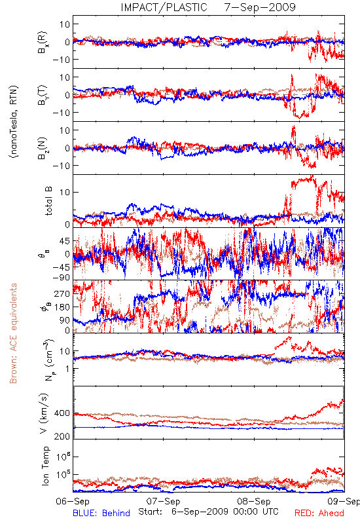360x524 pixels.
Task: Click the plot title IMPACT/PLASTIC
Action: point(164,7)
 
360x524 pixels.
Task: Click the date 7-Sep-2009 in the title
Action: point(260,7)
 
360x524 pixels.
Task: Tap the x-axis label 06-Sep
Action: point(73,501)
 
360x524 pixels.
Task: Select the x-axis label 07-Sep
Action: point(163,501)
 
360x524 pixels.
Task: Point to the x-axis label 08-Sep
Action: point(254,501)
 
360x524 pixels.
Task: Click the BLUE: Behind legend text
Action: point(101,513)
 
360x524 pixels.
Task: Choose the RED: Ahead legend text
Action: point(319,513)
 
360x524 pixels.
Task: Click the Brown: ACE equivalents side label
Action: point(13,333)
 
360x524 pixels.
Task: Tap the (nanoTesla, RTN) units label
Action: point(14,122)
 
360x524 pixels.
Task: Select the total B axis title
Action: point(48,201)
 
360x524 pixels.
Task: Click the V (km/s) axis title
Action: point(45,413)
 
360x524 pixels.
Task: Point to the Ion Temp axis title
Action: point(45,466)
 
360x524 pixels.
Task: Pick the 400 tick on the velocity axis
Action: point(62,413)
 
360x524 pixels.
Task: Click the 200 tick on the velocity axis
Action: point(62,436)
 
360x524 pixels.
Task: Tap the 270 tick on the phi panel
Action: point(62,293)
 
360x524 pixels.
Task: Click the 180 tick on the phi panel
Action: point(62,307)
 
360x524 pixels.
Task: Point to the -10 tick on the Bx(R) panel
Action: point(61,60)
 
